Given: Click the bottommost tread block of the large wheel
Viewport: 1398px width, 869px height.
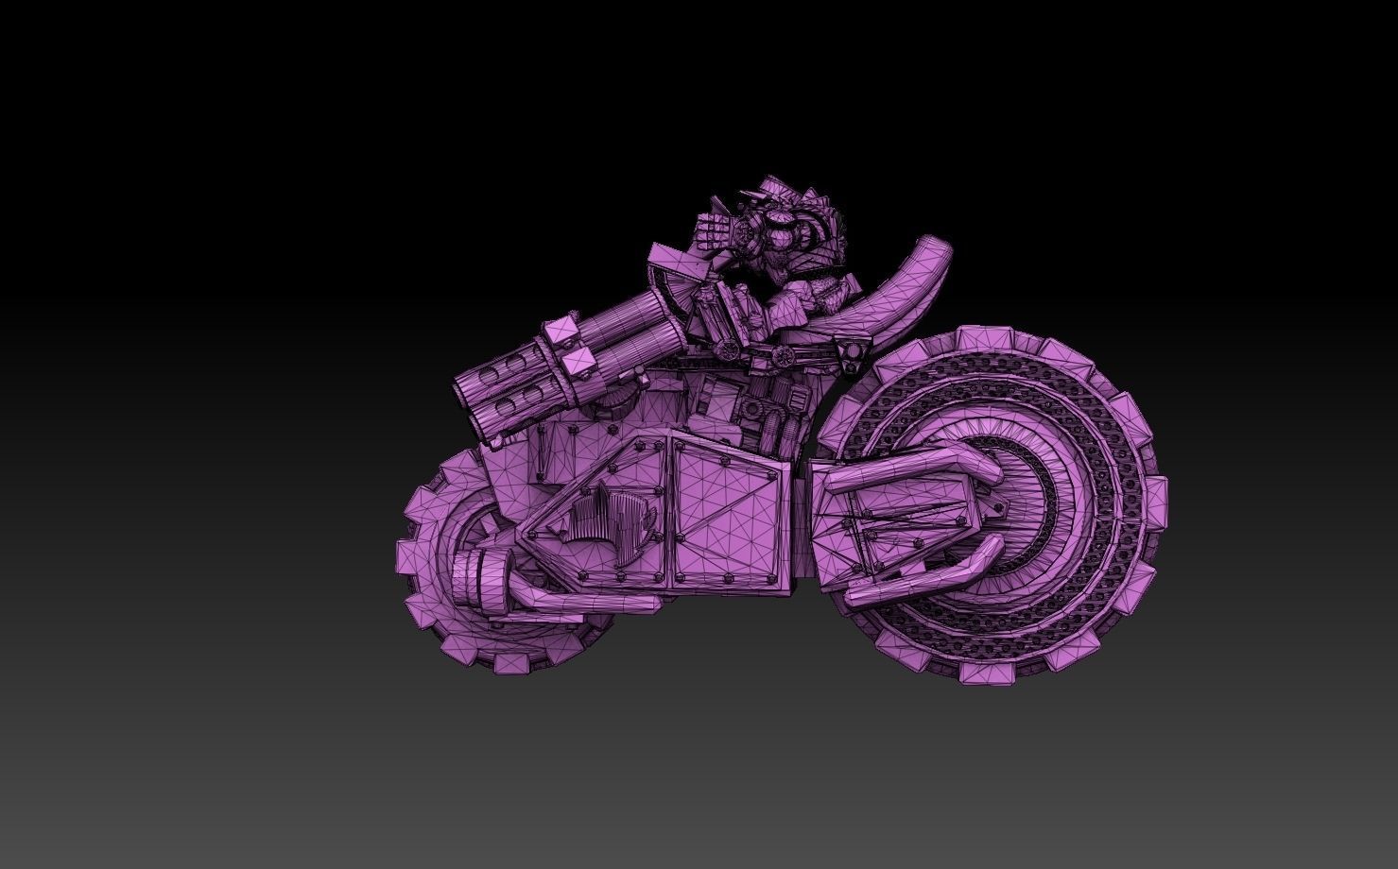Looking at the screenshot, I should pos(983,672).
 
